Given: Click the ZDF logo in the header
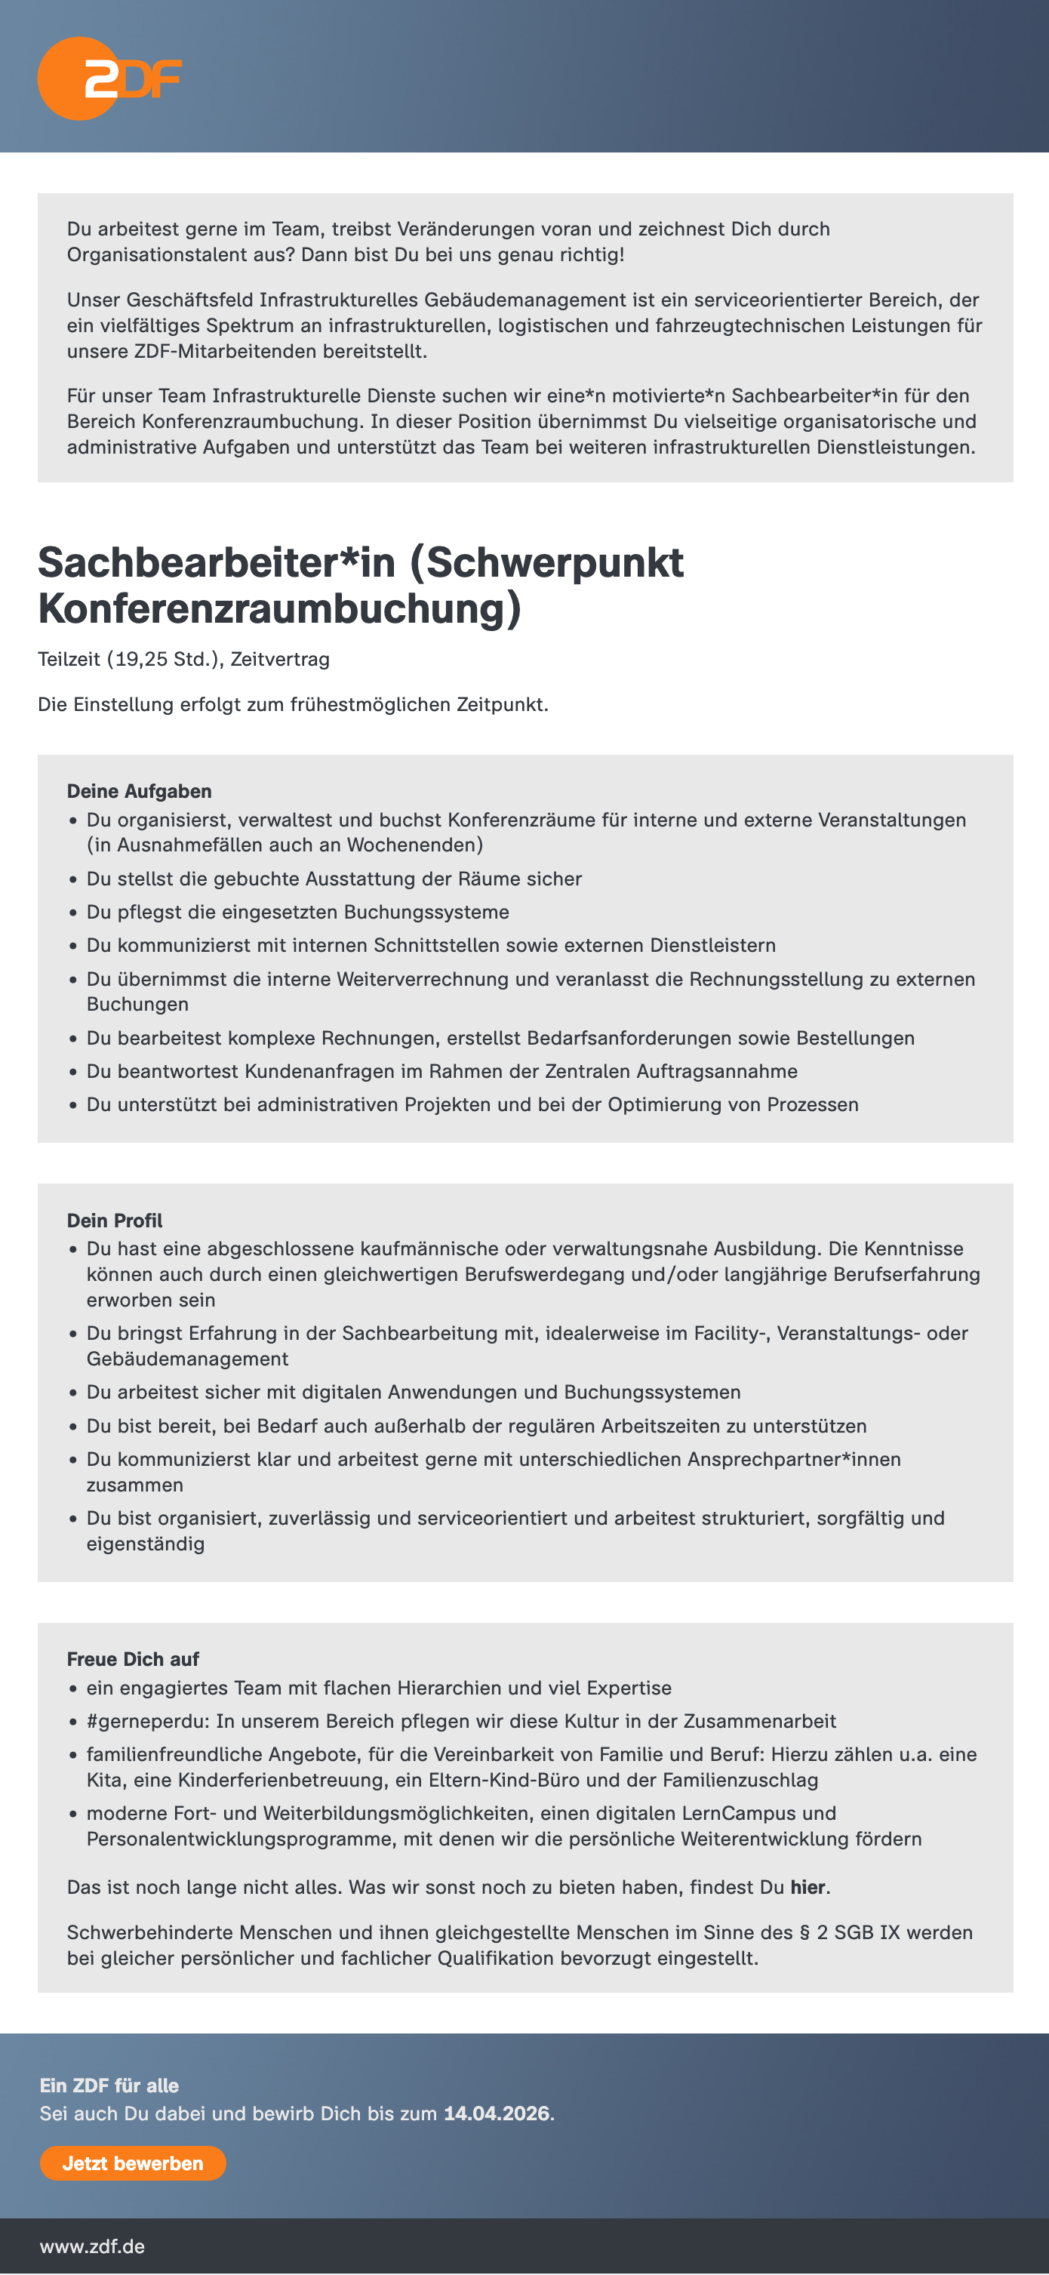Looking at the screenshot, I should point(109,79).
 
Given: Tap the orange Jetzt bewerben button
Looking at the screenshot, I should point(133,2163).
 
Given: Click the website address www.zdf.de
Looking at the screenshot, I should point(92,2246).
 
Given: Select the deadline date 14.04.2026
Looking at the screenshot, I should point(497,2113).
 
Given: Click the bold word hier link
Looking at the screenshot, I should point(807,1887).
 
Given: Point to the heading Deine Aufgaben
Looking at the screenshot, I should point(139,791).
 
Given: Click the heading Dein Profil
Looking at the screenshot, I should point(115,1221).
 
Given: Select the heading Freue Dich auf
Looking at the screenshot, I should point(133,1658).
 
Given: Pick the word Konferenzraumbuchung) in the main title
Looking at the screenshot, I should point(279,608).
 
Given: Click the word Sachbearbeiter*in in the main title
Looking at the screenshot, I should point(217,562).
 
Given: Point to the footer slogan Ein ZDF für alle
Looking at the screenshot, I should point(109,2085).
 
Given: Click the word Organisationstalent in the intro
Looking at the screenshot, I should point(155,254).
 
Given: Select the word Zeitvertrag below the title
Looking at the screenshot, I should point(280,659).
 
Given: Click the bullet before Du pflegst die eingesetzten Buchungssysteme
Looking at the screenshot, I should point(73,913).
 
